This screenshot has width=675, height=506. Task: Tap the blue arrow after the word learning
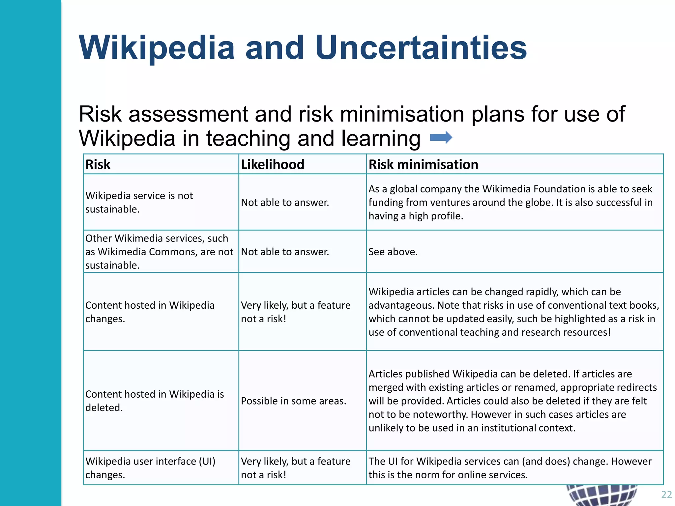441,137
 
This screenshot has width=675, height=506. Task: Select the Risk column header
98,164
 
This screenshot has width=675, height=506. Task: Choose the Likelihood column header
272,164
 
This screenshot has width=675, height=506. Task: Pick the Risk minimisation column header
423,164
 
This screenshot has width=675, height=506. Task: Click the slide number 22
666,494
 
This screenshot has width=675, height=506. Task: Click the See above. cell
393,252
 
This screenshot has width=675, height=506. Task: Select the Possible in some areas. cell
293,401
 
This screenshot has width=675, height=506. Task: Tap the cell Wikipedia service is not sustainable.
139,202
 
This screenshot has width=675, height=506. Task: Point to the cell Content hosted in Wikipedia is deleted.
154,401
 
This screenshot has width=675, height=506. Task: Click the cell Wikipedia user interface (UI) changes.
150,468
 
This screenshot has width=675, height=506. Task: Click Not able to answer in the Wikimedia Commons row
285,252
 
